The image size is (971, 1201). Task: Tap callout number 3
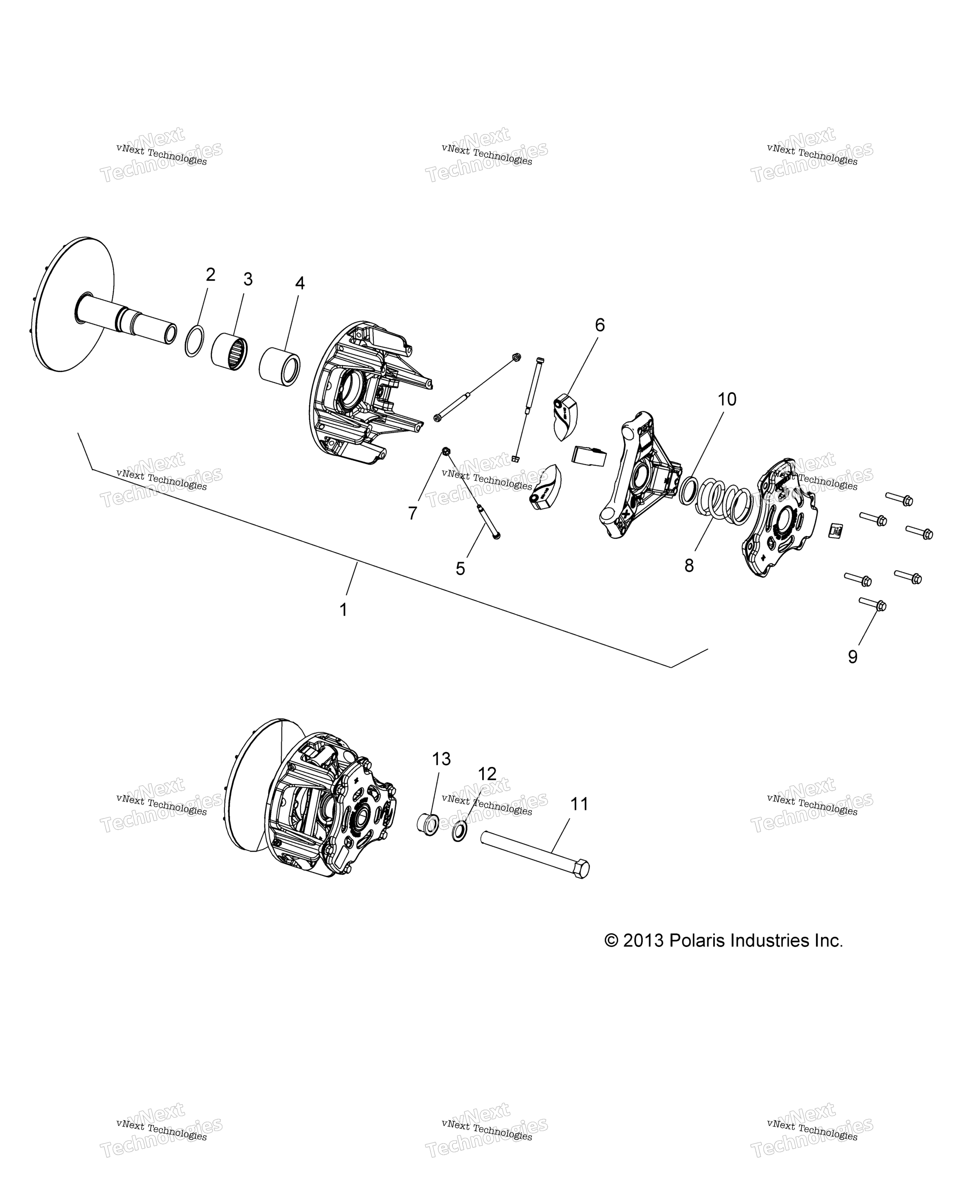pos(248,279)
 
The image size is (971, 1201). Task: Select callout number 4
pos(300,283)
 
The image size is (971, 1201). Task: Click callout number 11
pos(579,804)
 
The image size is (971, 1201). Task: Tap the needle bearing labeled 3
pos(229,351)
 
